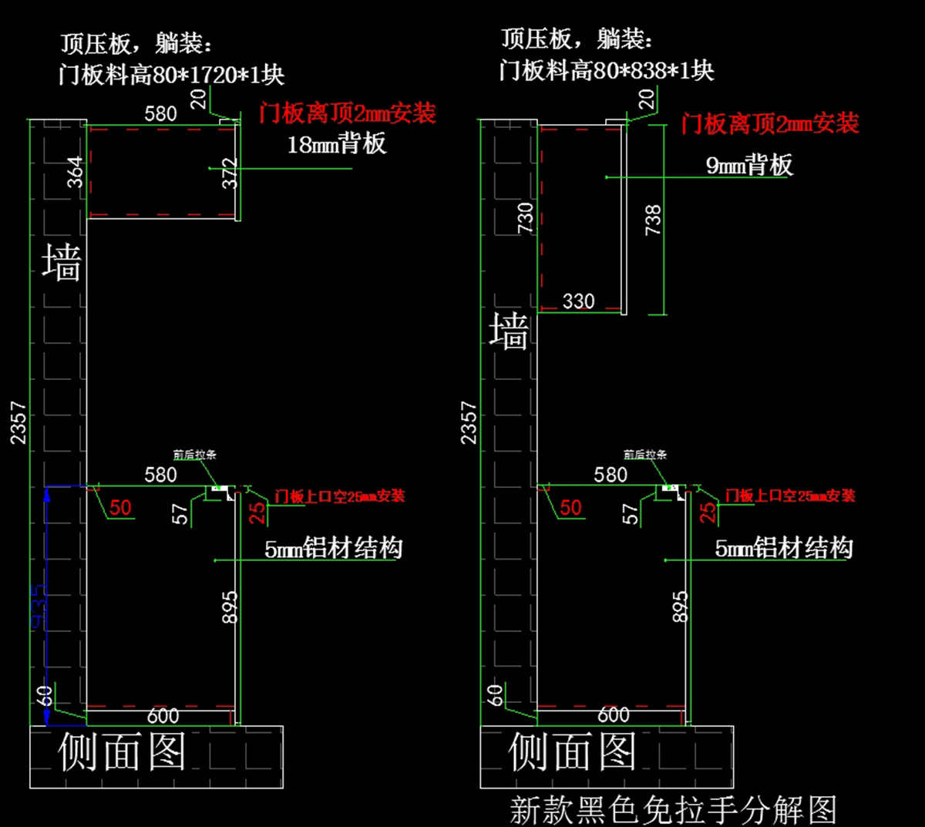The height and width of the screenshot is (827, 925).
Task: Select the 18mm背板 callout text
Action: (x=336, y=144)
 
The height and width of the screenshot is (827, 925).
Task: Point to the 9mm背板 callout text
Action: (x=748, y=165)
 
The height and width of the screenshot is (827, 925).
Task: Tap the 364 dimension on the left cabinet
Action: (x=75, y=172)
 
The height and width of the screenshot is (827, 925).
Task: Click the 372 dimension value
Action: (x=230, y=173)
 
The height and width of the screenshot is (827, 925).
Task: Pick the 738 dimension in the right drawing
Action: (x=653, y=220)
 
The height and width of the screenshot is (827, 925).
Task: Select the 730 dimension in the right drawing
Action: (x=525, y=218)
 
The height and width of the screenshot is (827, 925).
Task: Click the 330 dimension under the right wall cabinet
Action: (x=578, y=301)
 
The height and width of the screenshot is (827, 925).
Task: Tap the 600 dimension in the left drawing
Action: (x=163, y=716)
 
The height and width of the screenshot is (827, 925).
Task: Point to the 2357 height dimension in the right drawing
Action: (x=469, y=422)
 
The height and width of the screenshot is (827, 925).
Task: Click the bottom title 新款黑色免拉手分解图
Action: (x=673, y=810)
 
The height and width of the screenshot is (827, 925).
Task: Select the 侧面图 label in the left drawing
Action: (x=122, y=751)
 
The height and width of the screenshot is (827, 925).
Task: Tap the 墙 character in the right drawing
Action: (x=509, y=331)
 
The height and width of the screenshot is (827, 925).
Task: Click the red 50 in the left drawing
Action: (x=120, y=508)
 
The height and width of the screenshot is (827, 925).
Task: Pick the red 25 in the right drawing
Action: (x=708, y=512)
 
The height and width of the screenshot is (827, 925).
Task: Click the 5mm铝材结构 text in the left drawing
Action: (x=333, y=549)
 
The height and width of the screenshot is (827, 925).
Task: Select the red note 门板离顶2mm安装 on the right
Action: (x=769, y=123)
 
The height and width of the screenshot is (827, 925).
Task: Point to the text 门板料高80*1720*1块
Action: (x=171, y=75)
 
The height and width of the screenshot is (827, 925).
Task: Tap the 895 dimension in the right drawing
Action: (x=679, y=607)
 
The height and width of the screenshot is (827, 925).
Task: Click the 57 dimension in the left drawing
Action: (x=180, y=514)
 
